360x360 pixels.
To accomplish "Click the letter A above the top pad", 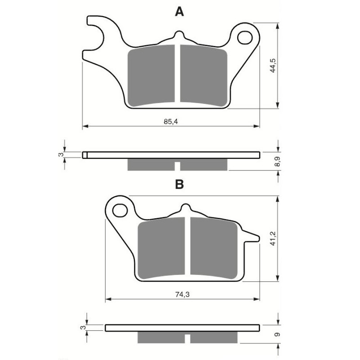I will click(x=180, y=12).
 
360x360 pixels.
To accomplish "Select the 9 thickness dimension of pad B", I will click(x=278, y=334).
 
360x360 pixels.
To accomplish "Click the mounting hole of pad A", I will click(x=245, y=37).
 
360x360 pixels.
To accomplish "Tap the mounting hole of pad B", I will click(x=120, y=210).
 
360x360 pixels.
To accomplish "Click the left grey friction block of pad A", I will click(x=152, y=75).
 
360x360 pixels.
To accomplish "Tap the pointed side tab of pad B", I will click(x=252, y=236).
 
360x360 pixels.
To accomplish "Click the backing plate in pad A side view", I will click(x=171, y=155).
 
